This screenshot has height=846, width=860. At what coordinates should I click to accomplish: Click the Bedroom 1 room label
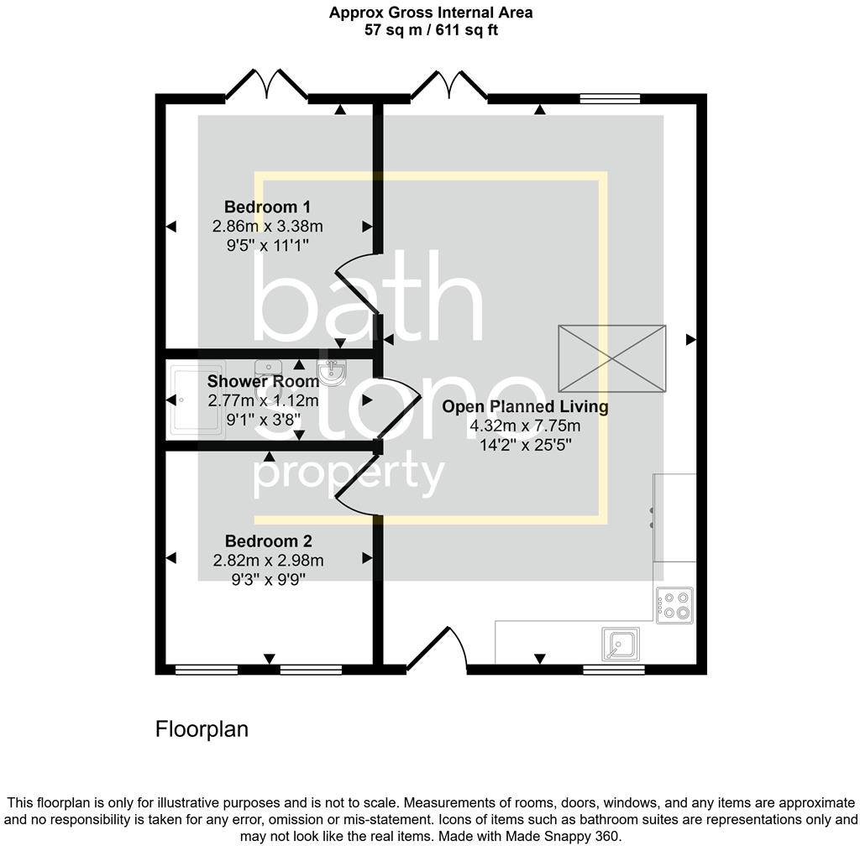260,206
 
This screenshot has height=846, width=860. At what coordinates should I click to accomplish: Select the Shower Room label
263,381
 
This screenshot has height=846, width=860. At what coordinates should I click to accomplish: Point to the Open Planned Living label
525,407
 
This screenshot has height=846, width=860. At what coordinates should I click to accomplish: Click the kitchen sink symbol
620,645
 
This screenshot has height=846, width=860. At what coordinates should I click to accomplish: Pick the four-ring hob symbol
675,604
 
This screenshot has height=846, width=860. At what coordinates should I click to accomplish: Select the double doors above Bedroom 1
266,85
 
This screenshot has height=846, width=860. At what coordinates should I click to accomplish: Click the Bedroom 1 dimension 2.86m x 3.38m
267,226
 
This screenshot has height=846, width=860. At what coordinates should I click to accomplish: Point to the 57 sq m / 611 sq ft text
430,30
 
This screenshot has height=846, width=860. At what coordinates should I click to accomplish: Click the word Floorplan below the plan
202,729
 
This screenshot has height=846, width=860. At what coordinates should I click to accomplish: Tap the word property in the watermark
349,476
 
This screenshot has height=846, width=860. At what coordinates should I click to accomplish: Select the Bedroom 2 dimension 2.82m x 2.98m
267,561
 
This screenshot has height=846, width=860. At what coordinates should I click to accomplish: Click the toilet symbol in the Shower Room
333,371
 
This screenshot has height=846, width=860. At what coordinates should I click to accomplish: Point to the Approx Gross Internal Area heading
430,13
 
